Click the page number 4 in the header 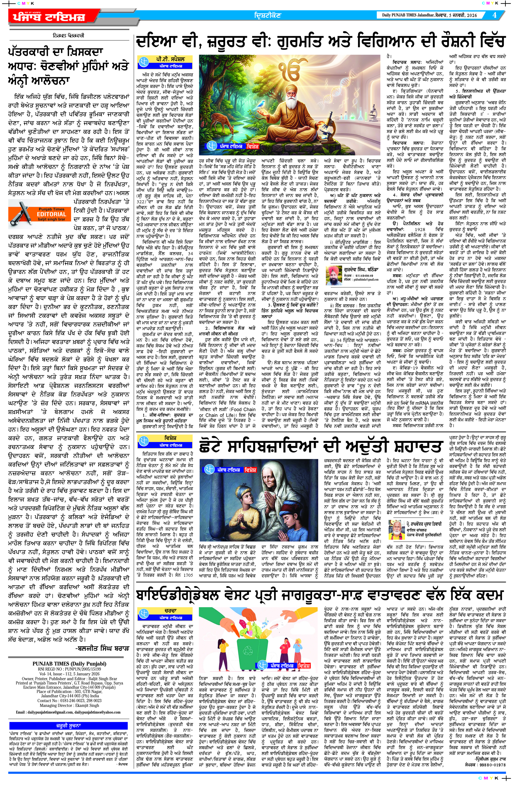pyautogui.click(x=494, y=15)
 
